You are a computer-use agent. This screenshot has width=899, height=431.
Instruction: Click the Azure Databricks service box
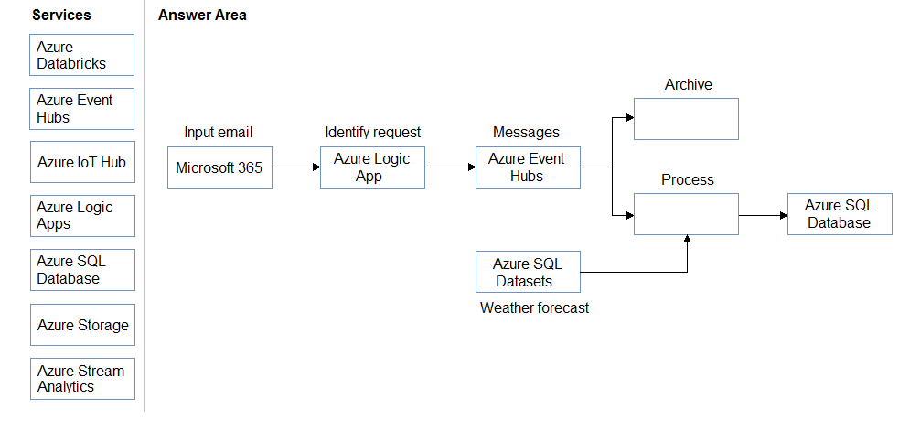tap(82, 55)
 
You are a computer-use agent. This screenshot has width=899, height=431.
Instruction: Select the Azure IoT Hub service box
tap(82, 162)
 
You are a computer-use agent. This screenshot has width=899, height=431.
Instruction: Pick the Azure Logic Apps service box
tap(82, 216)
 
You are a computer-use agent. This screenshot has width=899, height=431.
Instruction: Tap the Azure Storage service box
tap(82, 325)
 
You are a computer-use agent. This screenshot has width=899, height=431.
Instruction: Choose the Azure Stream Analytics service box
tap(82, 379)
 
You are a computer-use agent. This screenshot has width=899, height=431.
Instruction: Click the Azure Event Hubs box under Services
tap(82, 109)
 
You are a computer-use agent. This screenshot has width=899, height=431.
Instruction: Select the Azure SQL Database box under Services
tap(82, 270)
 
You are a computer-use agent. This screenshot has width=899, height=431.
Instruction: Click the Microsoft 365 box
tap(219, 167)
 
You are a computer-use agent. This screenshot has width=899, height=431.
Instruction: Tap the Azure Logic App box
tap(372, 167)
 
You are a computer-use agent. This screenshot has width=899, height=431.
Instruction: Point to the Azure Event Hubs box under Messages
tap(528, 167)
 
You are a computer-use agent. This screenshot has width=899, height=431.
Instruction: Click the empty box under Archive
tap(686, 119)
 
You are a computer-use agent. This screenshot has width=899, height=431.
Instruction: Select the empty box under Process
tap(686, 214)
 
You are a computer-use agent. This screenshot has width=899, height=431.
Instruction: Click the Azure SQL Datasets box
tap(528, 272)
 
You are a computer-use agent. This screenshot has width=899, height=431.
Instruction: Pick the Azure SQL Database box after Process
tap(840, 214)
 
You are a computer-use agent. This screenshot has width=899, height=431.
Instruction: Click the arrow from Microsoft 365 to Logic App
tap(296, 167)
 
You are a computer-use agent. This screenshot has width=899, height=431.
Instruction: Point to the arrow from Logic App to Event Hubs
tap(451, 167)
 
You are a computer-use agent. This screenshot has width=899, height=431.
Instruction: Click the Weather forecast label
tap(534, 308)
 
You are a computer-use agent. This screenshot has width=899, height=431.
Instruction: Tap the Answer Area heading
tap(202, 16)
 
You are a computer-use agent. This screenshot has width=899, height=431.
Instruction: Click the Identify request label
tap(372, 133)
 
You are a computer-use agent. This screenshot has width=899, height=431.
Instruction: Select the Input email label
tap(219, 133)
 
